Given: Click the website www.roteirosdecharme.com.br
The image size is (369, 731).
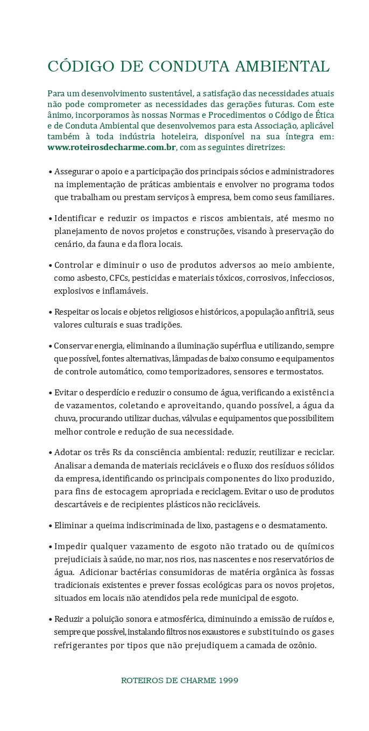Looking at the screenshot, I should point(111,147).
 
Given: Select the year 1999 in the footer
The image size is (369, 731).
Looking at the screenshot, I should point(229,680).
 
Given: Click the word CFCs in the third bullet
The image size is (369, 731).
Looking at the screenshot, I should point(120,278).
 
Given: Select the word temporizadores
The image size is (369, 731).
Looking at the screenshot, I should point(192,372).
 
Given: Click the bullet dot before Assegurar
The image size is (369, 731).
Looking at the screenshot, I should point(50,172).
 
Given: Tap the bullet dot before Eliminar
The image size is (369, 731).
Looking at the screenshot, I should point(50,526).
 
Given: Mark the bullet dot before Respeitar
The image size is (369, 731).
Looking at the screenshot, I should point(50,313).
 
